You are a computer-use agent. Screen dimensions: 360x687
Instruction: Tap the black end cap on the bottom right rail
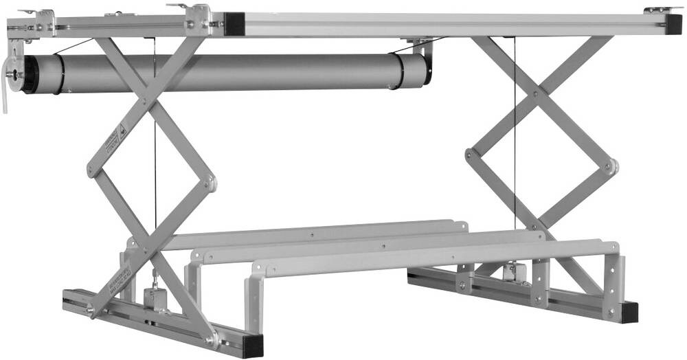(x=629, y=313)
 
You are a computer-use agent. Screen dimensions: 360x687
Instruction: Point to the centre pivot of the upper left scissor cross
(x=144, y=102)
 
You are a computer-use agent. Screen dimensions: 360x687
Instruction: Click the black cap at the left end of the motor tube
(x=30, y=74)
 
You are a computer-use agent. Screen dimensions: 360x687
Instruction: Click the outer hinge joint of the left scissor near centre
(x=211, y=183)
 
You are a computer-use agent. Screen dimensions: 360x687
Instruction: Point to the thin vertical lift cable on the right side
(x=515, y=137)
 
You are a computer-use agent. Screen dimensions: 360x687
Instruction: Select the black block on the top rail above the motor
(x=234, y=24)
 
